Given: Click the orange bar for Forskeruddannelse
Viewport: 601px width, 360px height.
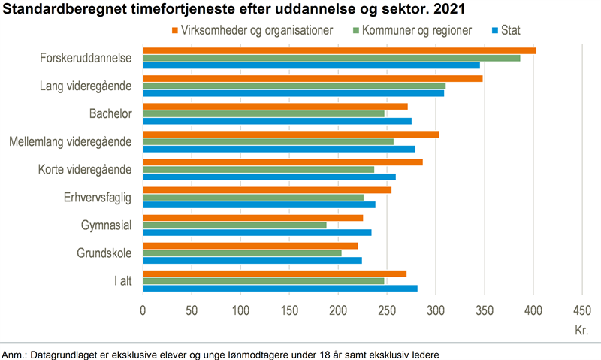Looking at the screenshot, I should (339, 50).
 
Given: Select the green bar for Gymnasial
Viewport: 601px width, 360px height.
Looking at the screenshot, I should (234, 225).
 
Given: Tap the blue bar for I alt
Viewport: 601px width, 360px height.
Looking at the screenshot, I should (279, 288).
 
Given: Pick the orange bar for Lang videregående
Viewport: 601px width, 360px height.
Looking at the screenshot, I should (313, 78).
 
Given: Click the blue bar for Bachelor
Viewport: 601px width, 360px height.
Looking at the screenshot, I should (277, 121).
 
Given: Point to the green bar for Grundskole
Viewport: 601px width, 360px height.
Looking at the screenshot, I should (242, 253).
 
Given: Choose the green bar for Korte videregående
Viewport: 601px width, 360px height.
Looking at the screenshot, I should (258, 169).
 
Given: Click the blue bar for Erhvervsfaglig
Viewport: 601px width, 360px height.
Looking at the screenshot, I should (258, 204).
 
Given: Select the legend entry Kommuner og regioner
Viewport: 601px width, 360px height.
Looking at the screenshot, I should (416, 30).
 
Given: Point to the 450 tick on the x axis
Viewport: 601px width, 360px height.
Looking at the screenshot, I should (581, 310).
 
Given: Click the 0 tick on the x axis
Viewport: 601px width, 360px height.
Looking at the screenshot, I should (143, 310).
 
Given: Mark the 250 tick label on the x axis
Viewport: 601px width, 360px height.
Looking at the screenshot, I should (386, 310).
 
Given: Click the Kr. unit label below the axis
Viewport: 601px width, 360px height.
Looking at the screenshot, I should (581, 330).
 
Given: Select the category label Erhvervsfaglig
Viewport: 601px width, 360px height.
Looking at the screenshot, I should (98, 198).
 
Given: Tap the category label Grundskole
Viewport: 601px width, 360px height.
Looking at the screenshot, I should (104, 253).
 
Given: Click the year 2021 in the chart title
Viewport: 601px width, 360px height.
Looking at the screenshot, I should (448, 10).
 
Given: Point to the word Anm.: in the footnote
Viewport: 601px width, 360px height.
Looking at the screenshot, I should (16, 353).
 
